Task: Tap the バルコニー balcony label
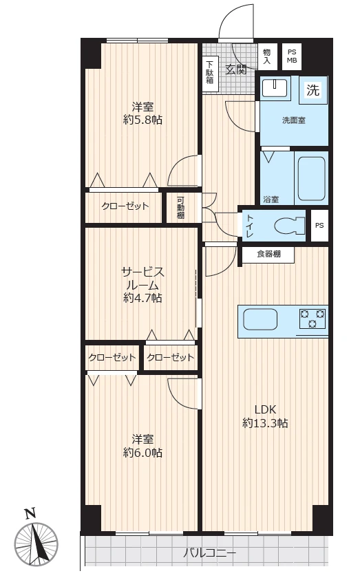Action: [210, 553]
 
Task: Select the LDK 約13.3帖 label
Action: [265, 416]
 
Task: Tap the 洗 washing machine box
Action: [313, 90]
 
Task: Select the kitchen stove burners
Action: [312, 319]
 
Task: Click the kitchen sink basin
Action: [261, 320]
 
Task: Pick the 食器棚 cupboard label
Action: [268, 254]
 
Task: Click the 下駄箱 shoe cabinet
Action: [210, 74]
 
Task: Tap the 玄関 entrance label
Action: [236, 69]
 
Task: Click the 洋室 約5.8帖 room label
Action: [143, 113]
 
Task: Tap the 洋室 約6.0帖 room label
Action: [143, 445]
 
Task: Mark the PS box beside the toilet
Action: [319, 225]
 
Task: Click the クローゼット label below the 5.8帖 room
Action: [125, 206]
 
